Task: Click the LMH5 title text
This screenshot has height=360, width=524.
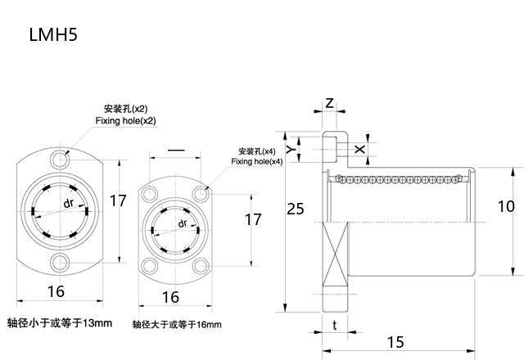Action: (53, 34)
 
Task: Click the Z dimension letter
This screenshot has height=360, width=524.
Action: (329, 102)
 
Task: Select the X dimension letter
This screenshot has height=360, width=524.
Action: (359, 149)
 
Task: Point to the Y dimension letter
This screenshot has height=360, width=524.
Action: (291, 149)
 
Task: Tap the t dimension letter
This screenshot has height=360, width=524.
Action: (335, 325)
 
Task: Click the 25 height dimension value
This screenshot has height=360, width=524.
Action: (296, 209)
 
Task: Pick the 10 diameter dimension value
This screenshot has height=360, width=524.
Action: (506, 206)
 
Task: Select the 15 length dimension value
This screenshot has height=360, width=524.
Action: (395, 342)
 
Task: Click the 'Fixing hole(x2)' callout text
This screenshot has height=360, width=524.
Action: (125, 120)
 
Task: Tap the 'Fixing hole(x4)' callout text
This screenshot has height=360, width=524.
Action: (257, 161)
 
